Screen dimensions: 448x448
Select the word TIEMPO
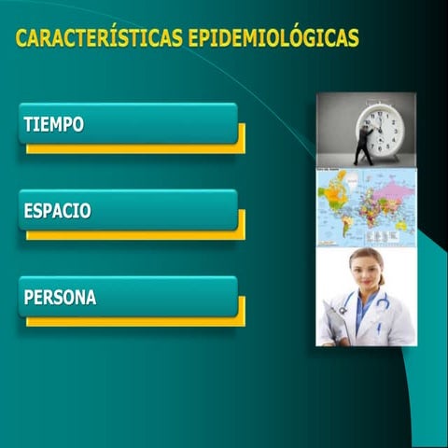tap(53, 124)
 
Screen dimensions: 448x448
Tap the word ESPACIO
tap(57, 211)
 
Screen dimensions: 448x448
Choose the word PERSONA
tap(60, 298)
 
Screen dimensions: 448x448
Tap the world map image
tap(366, 206)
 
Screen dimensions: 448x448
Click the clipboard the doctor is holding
tap(334, 323)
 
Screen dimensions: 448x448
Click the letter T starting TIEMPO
tap(28, 124)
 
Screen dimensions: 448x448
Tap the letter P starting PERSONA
tap(29, 298)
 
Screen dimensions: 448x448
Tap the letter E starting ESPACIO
tap(28, 211)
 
